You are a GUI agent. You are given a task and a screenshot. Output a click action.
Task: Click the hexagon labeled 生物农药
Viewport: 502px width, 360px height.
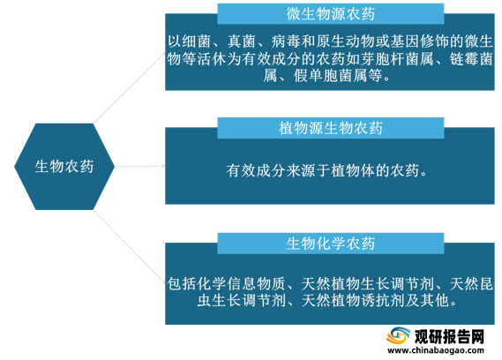(x=64, y=167)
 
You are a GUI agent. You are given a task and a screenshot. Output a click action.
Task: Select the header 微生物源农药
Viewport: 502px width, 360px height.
(x=330, y=14)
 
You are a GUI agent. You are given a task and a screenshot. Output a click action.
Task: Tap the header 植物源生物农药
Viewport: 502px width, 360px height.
(x=330, y=128)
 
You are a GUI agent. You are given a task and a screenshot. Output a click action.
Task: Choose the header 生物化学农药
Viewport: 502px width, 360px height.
(x=330, y=244)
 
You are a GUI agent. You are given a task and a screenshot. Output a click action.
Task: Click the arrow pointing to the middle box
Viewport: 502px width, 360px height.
(x=140, y=166)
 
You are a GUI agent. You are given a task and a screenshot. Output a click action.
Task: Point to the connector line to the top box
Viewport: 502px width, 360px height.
(x=130, y=88)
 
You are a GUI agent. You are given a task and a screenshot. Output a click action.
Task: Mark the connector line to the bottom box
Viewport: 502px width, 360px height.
(x=130, y=247)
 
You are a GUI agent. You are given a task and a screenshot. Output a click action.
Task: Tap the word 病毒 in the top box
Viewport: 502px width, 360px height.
(x=286, y=41)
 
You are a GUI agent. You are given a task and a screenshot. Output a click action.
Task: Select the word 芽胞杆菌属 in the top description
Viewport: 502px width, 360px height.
(x=396, y=59)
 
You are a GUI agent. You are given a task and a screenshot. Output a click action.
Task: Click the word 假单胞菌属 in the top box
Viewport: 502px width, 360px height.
(x=330, y=76)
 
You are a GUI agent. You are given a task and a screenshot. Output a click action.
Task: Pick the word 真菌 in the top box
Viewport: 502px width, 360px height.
(x=242, y=41)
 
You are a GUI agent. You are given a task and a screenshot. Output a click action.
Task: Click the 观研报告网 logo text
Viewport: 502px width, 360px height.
(x=449, y=336)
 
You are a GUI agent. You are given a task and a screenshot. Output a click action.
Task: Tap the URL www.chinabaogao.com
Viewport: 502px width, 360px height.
(x=436, y=350)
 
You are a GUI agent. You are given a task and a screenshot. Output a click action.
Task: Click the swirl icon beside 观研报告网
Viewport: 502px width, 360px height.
(x=398, y=336)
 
